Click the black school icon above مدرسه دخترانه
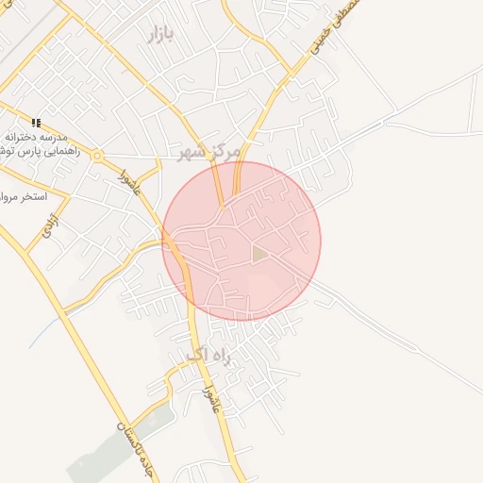point(37,123)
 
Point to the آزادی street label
point(44,225)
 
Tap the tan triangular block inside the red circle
point(258,254)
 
